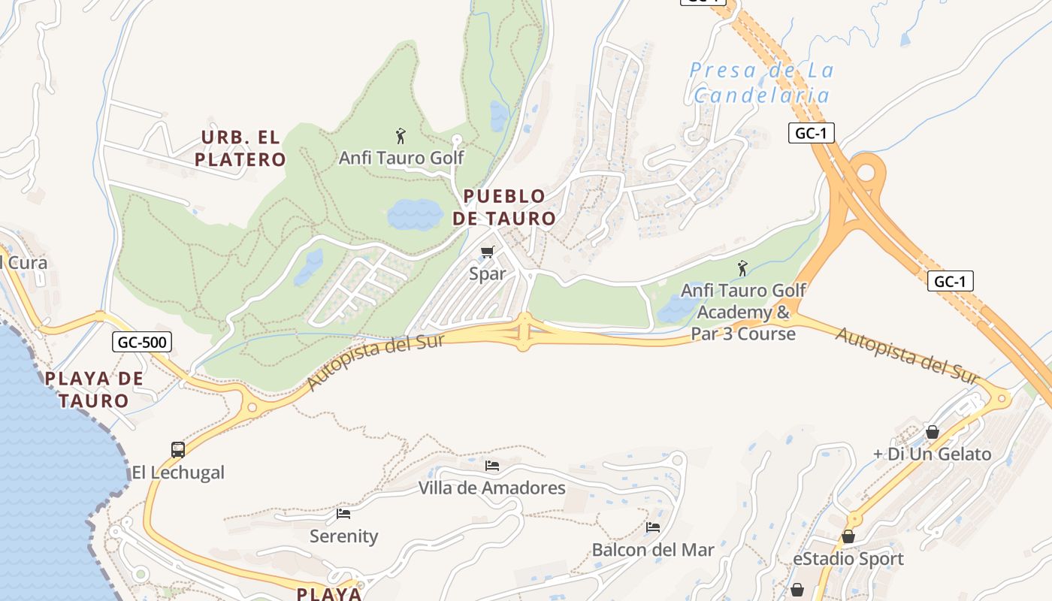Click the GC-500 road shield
[x=143, y=343]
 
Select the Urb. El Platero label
[x=240, y=148]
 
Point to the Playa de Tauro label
[x=94, y=389]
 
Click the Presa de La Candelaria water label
[x=761, y=83]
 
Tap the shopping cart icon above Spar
[x=488, y=252]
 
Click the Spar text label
[x=488, y=274]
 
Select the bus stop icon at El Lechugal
[x=178, y=450]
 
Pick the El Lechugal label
[x=178, y=473]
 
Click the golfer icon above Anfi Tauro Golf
[x=401, y=136]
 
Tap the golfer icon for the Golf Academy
[x=742, y=267]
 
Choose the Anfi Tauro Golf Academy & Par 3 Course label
[x=743, y=312]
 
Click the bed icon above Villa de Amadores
[x=492, y=466]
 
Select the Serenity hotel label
[x=343, y=536]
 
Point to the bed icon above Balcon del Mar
[x=653, y=527]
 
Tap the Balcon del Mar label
[x=653, y=550]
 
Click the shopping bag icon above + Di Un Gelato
[x=932, y=432]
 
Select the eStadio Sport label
[x=848, y=559]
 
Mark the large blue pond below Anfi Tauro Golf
[x=414, y=214]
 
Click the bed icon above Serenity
[x=343, y=514]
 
